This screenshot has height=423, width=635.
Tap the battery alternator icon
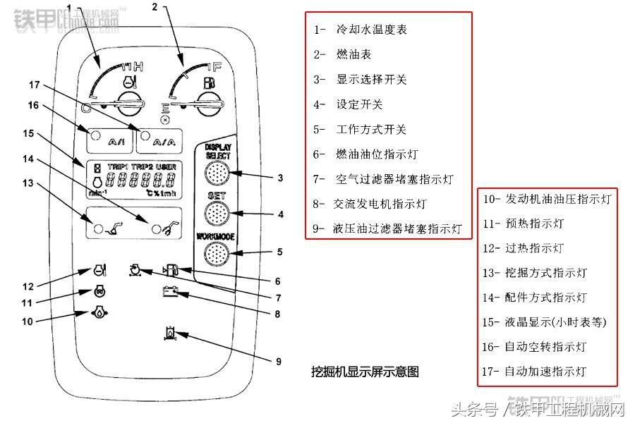pos(171,290)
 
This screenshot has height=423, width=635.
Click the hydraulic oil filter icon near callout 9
pos(170,332)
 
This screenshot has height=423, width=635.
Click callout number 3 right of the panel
pos(280,178)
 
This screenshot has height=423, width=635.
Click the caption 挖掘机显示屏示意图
pos(365,371)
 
